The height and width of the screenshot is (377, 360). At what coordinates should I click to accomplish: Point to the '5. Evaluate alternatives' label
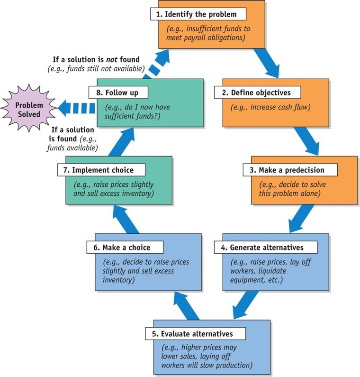tap(196, 333)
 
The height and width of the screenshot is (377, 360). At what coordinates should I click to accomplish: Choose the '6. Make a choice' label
tap(125, 248)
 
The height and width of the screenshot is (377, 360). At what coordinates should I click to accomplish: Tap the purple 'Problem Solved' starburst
tap(27, 108)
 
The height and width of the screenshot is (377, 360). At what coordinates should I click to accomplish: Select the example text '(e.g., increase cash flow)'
tap(270, 107)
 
